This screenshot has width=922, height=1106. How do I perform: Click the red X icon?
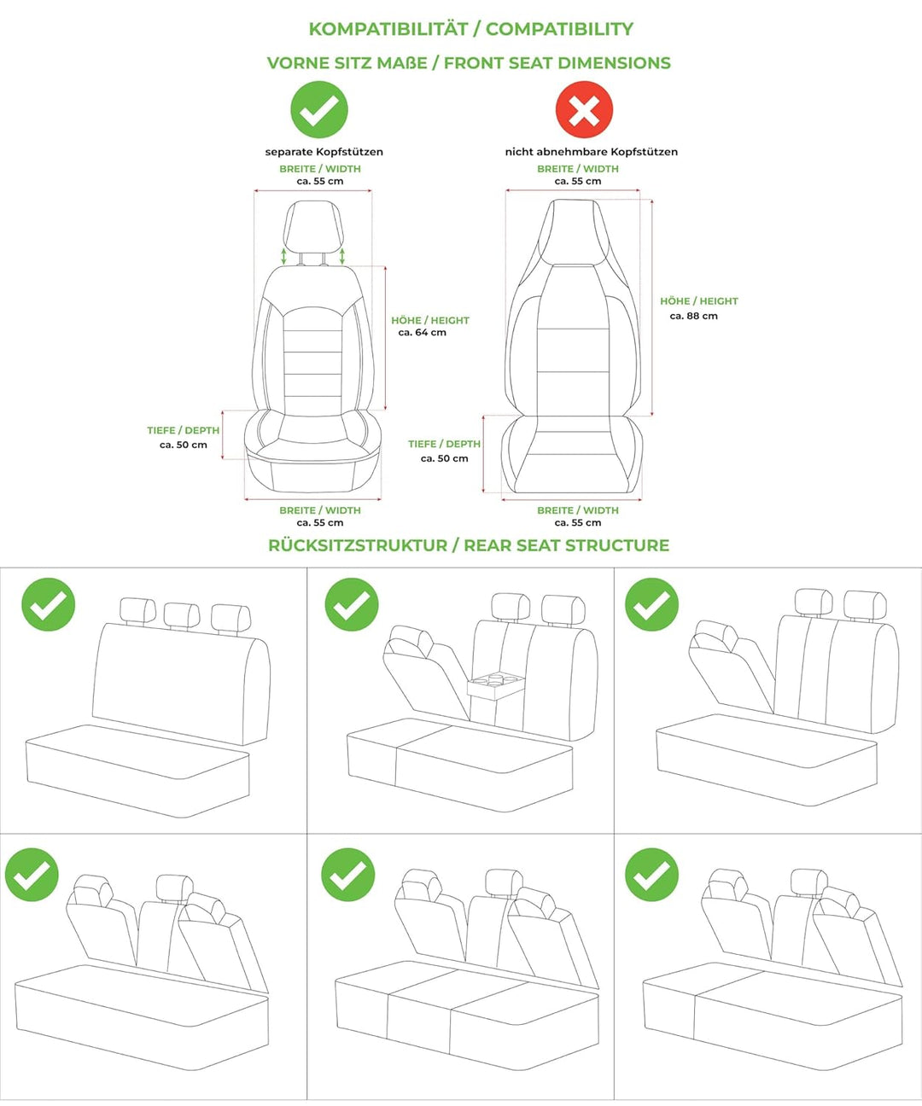click(584, 109)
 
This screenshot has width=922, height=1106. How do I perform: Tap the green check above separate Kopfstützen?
click(319, 109)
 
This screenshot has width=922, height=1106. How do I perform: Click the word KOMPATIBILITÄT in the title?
click(390, 29)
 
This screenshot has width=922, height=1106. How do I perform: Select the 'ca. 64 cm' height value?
click(423, 333)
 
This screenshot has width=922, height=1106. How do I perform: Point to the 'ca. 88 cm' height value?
click(693, 317)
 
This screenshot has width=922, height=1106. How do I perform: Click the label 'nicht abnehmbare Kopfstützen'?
click(592, 152)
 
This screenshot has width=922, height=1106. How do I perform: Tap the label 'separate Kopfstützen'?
click(324, 152)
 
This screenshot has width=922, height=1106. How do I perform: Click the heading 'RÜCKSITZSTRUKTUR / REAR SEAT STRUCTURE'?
click(469, 545)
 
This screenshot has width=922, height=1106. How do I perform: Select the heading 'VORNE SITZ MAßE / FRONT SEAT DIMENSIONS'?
click(469, 63)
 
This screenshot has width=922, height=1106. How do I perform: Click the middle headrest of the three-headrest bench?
click(182, 615)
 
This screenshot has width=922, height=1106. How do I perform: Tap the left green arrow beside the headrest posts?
click(284, 256)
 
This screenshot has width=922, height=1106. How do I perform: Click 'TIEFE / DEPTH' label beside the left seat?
click(184, 431)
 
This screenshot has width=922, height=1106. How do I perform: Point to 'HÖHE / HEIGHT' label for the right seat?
click(699, 301)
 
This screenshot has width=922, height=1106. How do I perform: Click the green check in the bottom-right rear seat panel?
click(651, 875)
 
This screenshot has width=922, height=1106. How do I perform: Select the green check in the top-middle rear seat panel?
click(352, 604)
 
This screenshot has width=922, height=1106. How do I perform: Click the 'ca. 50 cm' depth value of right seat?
click(445, 459)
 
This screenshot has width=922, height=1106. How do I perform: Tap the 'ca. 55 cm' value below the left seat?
click(320, 523)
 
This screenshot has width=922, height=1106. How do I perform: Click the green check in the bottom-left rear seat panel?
click(32, 875)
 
